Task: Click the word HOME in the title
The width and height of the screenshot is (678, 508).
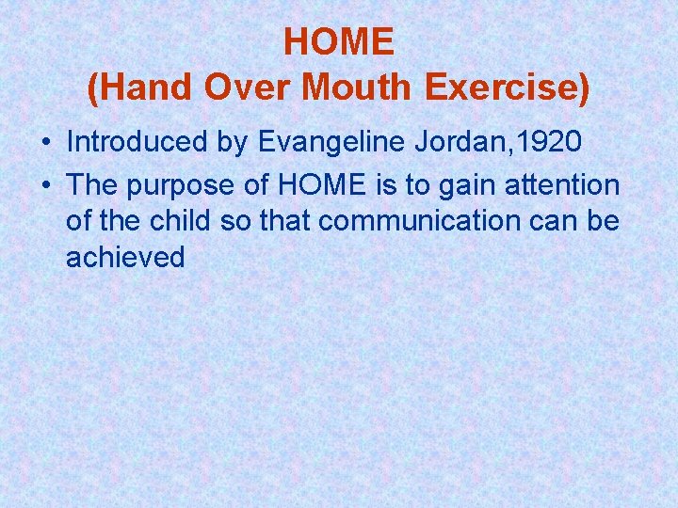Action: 338,41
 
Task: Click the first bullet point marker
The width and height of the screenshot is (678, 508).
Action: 45,143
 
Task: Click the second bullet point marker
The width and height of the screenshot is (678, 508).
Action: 45,186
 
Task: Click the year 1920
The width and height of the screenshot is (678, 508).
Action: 550,142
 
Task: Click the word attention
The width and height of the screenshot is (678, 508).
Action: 564,185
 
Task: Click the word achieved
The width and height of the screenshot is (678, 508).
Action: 125,257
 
